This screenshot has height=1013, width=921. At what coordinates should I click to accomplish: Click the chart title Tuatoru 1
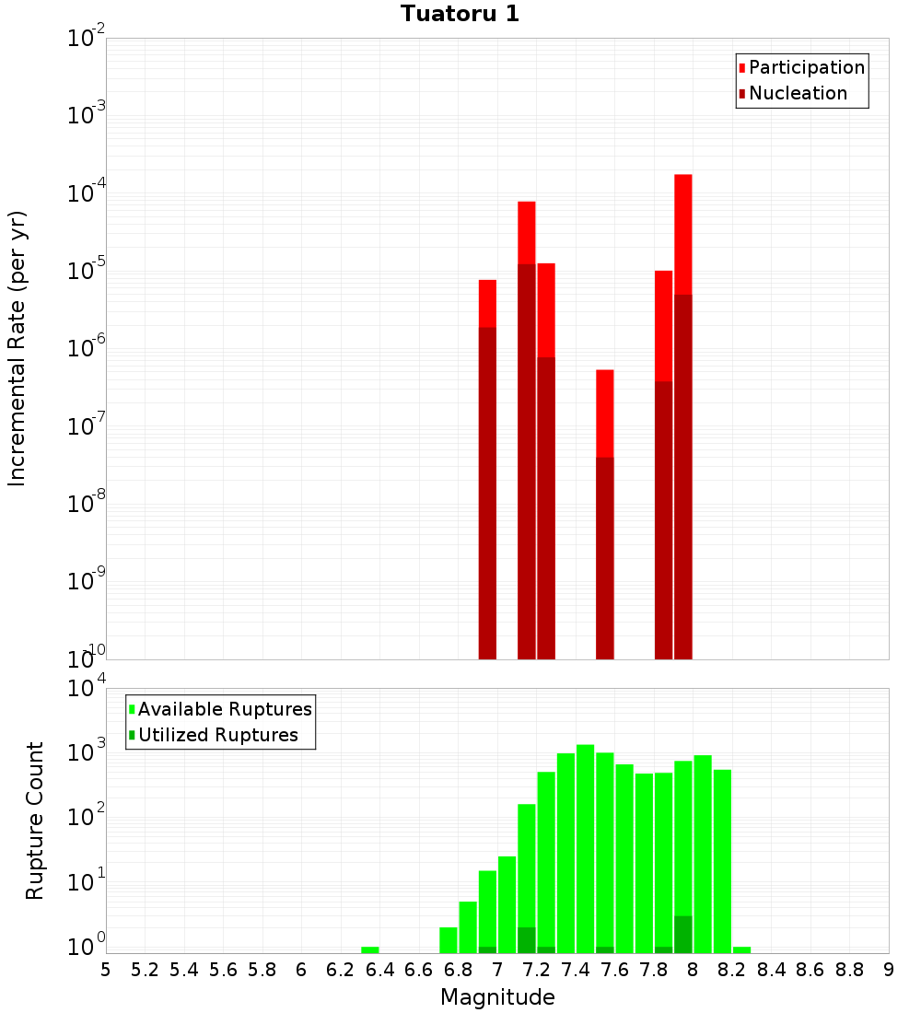(x=460, y=14)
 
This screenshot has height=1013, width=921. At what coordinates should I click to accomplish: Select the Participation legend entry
(x=806, y=67)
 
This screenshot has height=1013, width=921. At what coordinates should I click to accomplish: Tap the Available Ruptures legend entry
(x=224, y=709)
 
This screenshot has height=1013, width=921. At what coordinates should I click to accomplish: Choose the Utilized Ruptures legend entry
(x=217, y=735)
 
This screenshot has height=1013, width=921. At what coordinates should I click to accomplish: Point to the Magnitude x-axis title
(x=497, y=996)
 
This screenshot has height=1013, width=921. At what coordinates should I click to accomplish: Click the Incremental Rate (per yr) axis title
(x=18, y=348)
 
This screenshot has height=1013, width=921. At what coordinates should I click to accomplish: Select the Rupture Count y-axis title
(x=35, y=820)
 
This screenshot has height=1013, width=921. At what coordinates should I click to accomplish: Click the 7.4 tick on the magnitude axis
(x=576, y=969)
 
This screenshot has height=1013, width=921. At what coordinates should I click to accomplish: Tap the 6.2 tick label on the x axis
(x=341, y=969)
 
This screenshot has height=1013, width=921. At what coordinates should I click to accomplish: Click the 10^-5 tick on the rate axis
(x=86, y=271)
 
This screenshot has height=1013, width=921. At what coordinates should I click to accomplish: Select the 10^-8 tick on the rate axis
(x=86, y=504)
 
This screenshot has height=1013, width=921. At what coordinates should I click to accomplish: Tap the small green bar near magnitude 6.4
(x=369, y=949)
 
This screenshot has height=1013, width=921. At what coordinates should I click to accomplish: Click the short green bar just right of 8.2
(x=741, y=949)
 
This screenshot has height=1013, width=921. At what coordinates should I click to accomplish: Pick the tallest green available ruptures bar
(x=585, y=847)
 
